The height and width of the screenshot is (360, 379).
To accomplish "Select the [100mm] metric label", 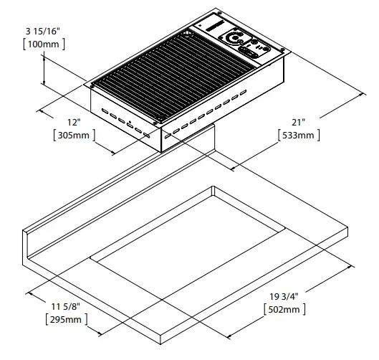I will coord(44,44).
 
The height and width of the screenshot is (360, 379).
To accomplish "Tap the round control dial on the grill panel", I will coord(235,37).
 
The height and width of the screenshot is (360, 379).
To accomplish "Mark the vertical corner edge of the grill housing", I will coord(160,140).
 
